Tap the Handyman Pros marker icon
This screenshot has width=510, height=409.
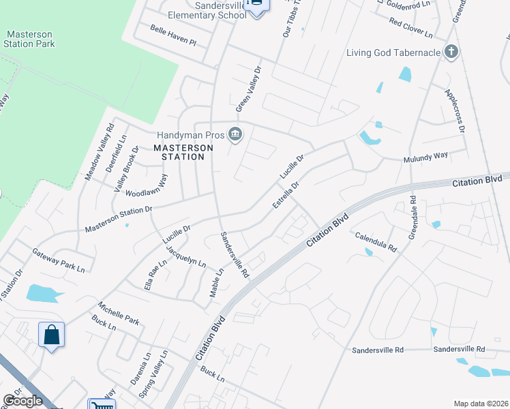coord(235,134)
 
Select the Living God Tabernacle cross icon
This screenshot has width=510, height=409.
coord(450,52)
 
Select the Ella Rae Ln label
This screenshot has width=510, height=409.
coord(155,275)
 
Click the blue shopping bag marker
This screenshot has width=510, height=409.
coord(51,335)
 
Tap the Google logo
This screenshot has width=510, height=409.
coord(22,402)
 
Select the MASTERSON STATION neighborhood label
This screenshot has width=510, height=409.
coord(179,152)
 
